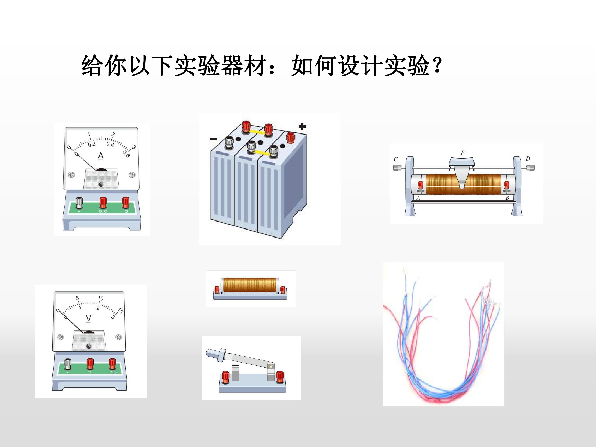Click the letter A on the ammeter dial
click(x=101, y=156)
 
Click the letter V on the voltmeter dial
click(x=88, y=318)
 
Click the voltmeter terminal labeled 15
click(x=113, y=364)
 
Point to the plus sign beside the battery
click(x=302, y=127)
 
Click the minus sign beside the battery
click(x=213, y=139)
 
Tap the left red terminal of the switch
click(x=225, y=376)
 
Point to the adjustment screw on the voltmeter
click(x=88, y=346)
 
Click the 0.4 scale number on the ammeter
click(x=110, y=144)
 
